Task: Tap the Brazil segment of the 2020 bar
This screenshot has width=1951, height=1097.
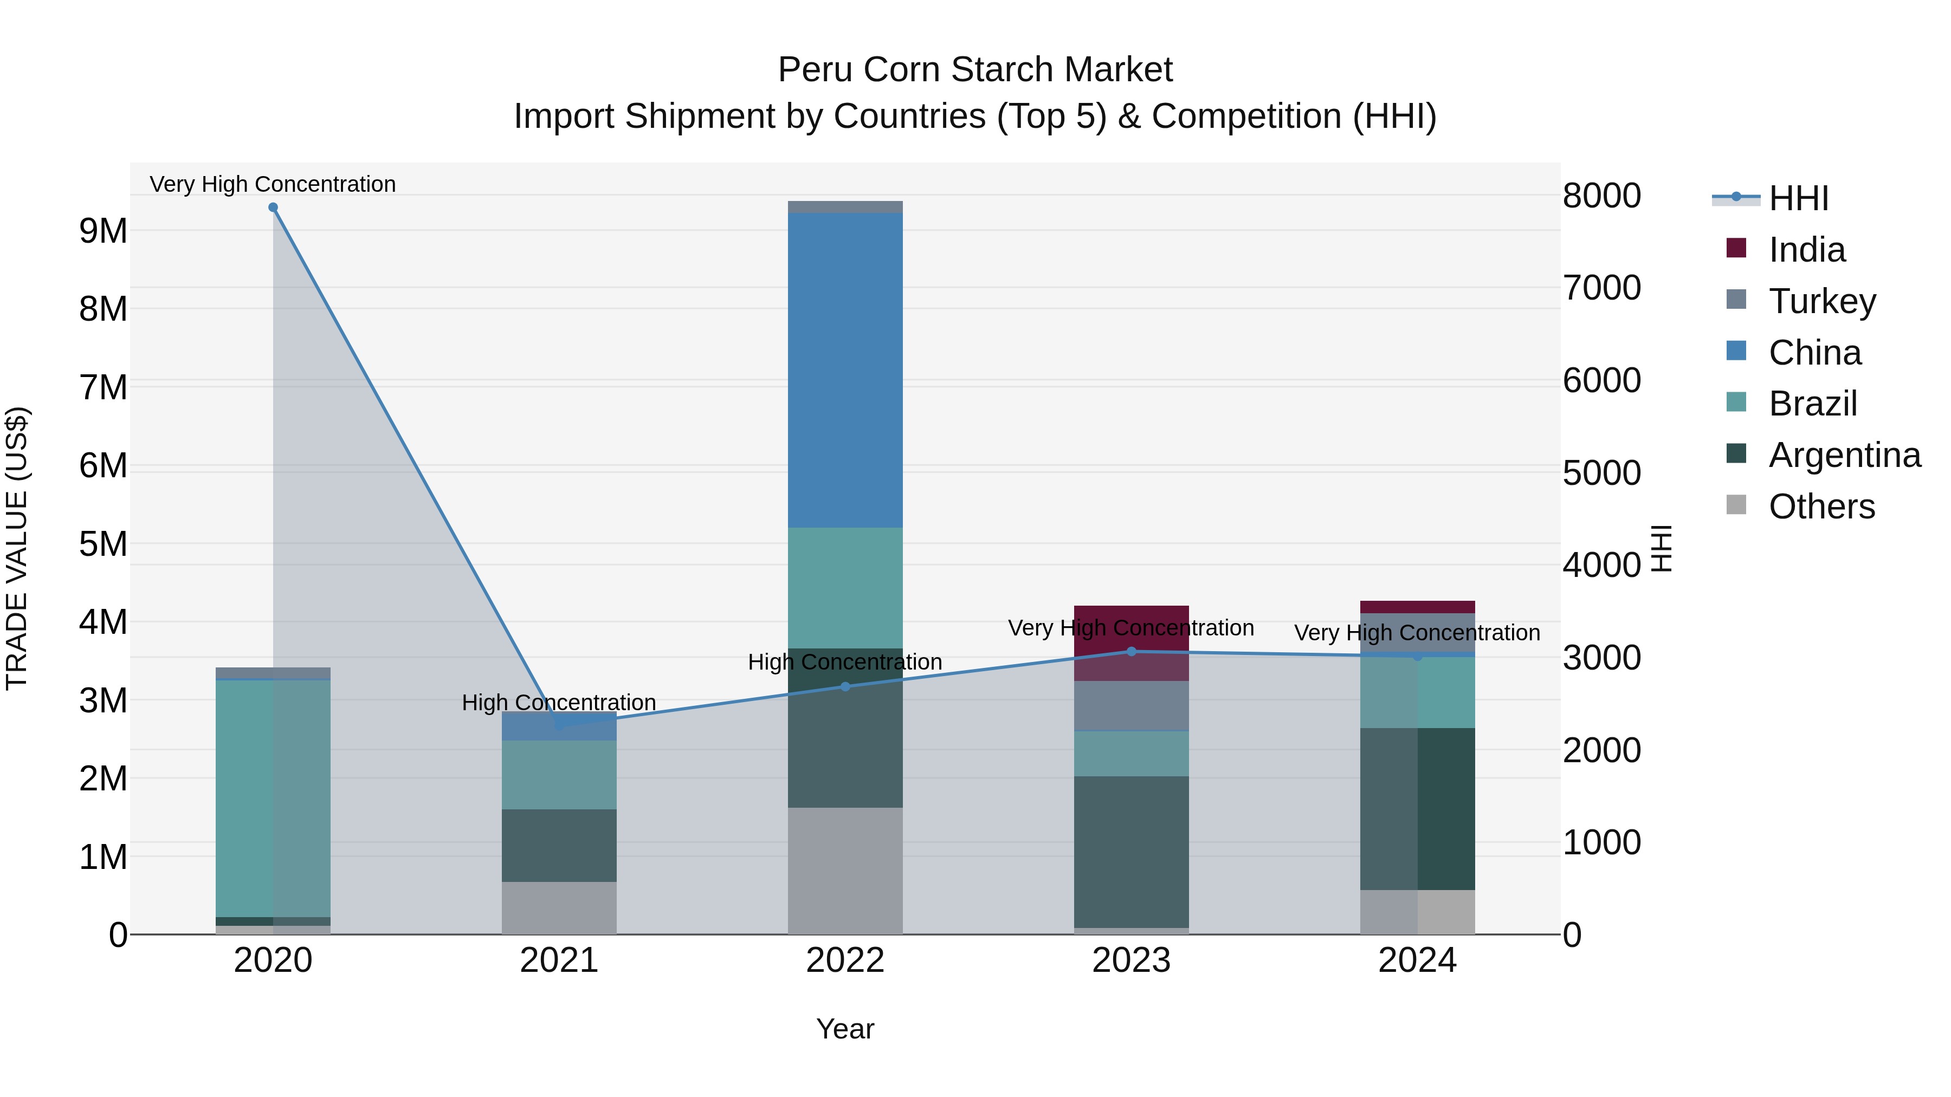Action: pyautogui.click(x=273, y=798)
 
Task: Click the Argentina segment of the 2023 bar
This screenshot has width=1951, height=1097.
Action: pyautogui.click(x=1132, y=851)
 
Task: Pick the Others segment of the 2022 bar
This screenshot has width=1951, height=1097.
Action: pyautogui.click(x=845, y=871)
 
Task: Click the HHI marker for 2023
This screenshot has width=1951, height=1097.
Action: pyautogui.click(x=1132, y=651)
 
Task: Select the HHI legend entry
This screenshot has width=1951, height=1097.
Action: pyautogui.click(x=1799, y=198)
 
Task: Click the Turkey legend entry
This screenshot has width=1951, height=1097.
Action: pyautogui.click(x=1821, y=301)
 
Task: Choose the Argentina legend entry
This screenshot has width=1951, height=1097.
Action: pyautogui.click(x=1844, y=455)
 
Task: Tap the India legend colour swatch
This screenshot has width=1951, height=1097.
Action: pyautogui.click(x=1736, y=248)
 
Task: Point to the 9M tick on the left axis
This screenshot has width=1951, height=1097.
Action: pyautogui.click(x=103, y=231)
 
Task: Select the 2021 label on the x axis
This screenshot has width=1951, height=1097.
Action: pyautogui.click(x=559, y=960)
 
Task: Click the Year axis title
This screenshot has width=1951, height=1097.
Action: pyautogui.click(x=845, y=1029)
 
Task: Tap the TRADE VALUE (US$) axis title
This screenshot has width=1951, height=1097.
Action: pyautogui.click(x=17, y=548)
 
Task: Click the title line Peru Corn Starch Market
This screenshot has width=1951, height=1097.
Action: pyautogui.click(x=975, y=70)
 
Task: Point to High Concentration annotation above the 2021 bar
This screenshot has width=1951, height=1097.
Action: pyautogui.click(x=559, y=703)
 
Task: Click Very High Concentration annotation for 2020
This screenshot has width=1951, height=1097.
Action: pyautogui.click(x=273, y=184)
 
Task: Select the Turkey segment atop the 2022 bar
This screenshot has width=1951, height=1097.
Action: pyautogui.click(x=845, y=207)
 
